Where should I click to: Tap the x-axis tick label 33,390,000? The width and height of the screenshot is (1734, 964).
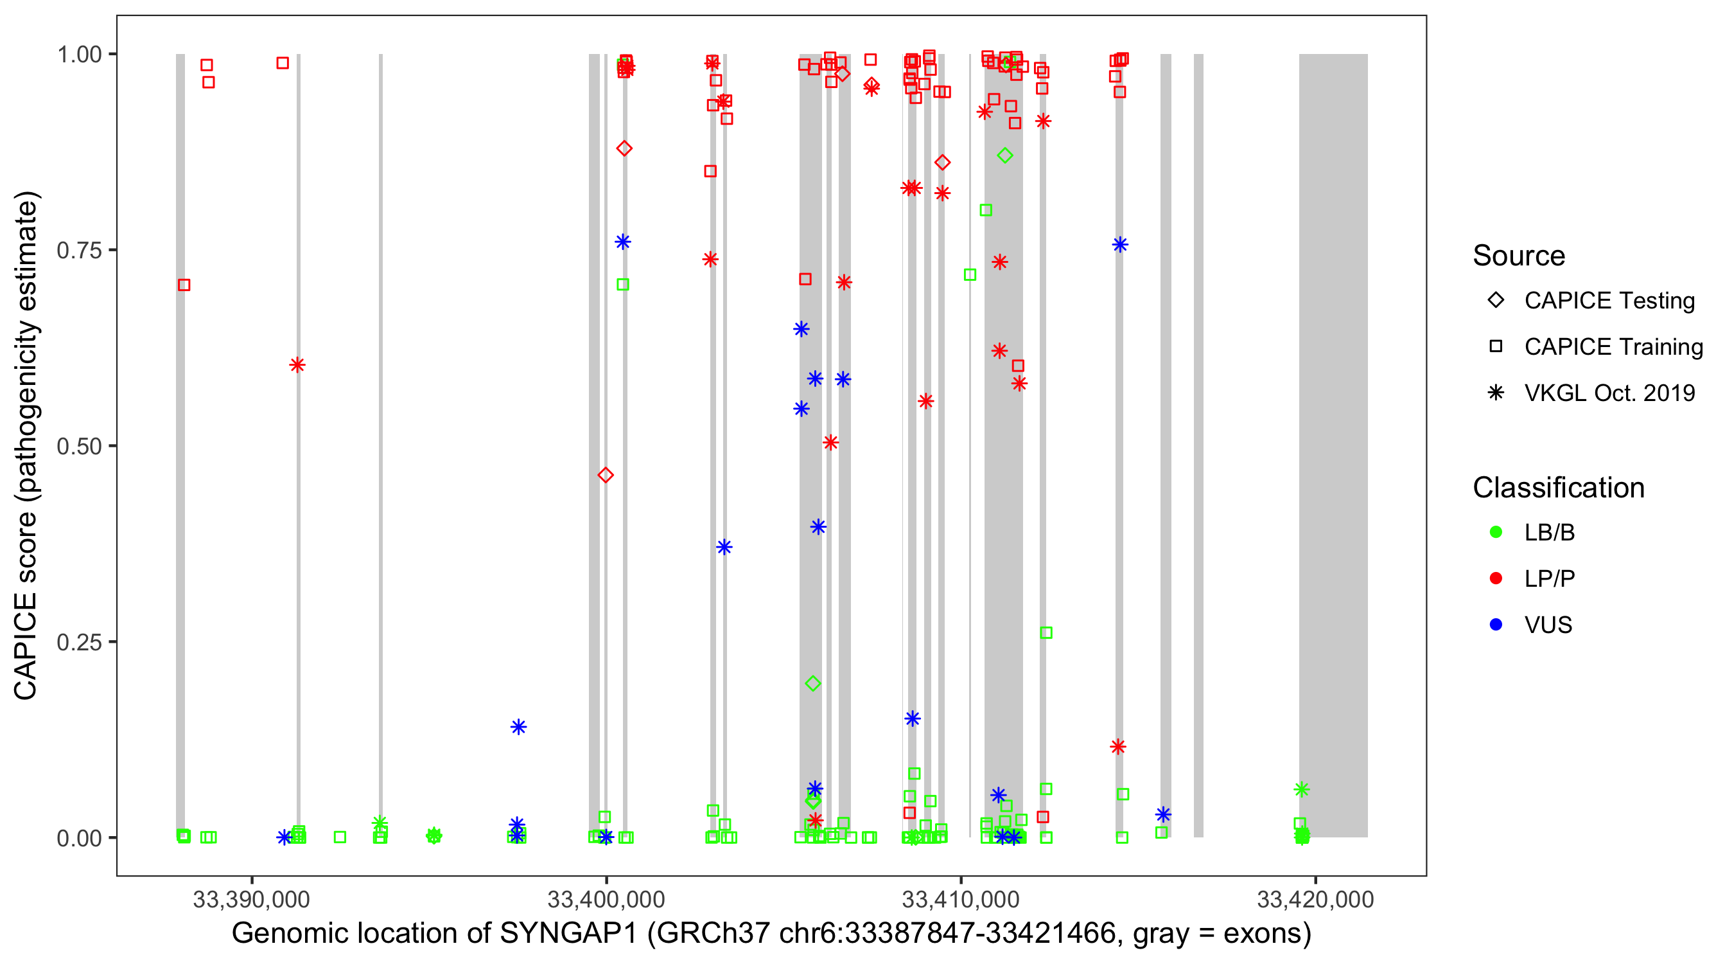tap(251, 900)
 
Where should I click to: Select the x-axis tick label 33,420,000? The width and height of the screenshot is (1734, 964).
tap(1315, 900)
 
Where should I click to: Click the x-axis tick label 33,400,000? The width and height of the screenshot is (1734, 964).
tap(606, 900)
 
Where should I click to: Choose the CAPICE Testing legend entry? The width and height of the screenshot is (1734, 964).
tap(1609, 301)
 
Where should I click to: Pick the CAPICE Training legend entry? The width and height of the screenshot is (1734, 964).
tap(1613, 347)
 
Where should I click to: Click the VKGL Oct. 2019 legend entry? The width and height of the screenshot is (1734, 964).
tap(1609, 393)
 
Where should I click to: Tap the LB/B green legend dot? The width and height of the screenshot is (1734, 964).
tap(1496, 533)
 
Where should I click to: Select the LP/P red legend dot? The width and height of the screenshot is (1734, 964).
tap(1496, 578)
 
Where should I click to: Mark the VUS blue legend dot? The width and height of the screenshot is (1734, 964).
tap(1496, 625)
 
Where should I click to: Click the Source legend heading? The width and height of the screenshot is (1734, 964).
tap(1519, 256)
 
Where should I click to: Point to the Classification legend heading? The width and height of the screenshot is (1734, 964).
tap(1558, 488)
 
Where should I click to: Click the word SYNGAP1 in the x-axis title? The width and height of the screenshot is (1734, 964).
tap(568, 934)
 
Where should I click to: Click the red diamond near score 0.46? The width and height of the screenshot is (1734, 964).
tap(605, 476)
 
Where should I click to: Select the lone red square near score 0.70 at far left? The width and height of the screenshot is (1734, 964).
tap(184, 285)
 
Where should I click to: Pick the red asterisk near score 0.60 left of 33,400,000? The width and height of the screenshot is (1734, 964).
tap(297, 365)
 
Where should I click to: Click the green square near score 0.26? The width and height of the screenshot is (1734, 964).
tap(1046, 633)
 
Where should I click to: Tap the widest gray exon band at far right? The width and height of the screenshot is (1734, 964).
tap(1333, 445)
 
